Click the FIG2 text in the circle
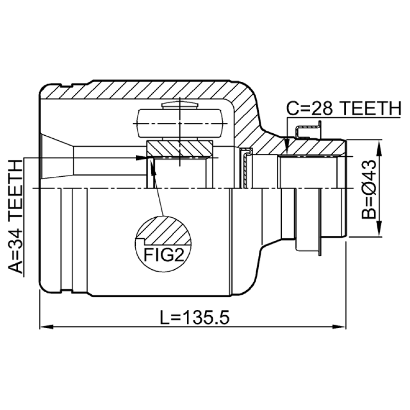(x=163, y=255)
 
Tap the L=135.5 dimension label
(x=195, y=318)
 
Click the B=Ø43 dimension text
(x=368, y=189)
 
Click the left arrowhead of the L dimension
(x=47, y=326)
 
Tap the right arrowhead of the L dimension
(x=339, y=326)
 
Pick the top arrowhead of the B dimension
(x=379, y=148)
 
